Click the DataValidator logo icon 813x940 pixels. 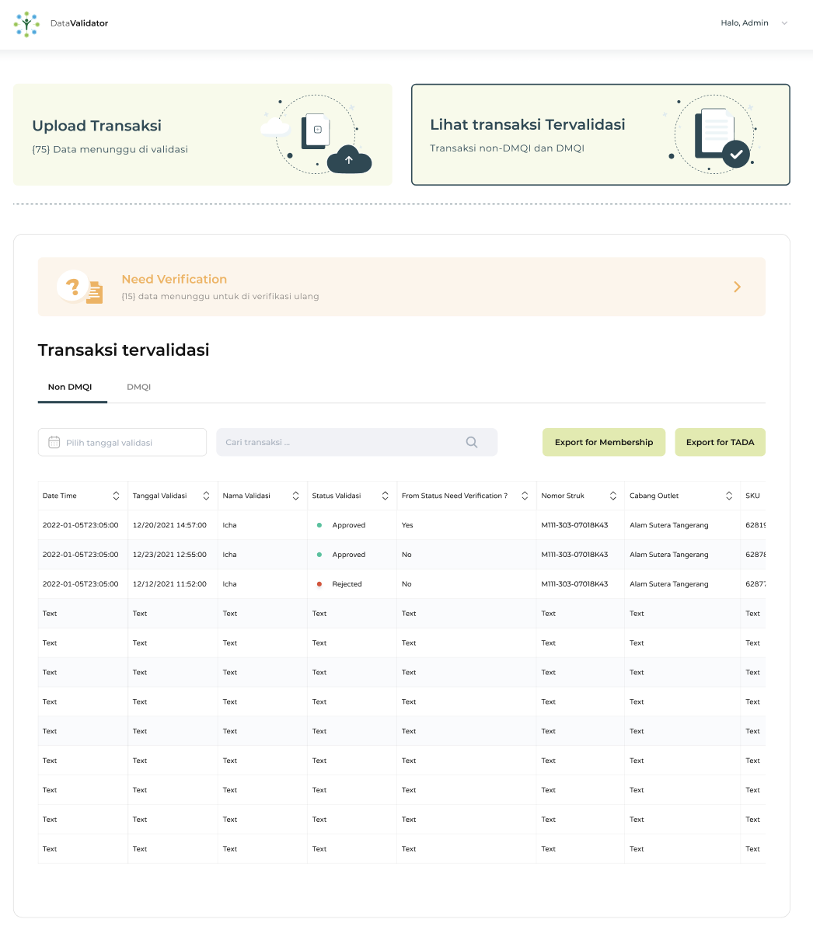point(26,24)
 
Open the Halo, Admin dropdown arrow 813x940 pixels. point(784,23)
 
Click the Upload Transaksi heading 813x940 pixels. point(97,126)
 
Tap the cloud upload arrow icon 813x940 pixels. point(349,160)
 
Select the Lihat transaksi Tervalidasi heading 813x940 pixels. point(528,124)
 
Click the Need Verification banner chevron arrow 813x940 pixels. point(738,287)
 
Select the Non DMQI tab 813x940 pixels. point(70,387)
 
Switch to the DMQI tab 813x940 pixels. point(138,387)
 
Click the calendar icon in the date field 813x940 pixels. point(54,442)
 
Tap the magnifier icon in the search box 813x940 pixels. point(472,442)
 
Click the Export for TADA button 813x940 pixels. point(720,442)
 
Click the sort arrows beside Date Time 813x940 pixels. point(116,496)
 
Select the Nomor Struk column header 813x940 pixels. point(563,496)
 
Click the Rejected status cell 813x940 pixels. point(347,584)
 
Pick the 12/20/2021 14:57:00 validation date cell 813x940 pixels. point(169,525)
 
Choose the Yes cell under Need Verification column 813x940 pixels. point(408,525)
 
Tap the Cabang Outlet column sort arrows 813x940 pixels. point(729,496)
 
